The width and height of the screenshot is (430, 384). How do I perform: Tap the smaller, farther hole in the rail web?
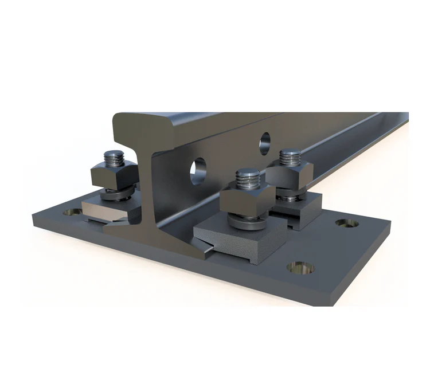[x=264, y=140]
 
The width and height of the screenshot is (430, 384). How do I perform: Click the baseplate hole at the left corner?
[x=73, y=213]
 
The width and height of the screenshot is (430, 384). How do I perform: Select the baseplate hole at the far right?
[x=347, y=222]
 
